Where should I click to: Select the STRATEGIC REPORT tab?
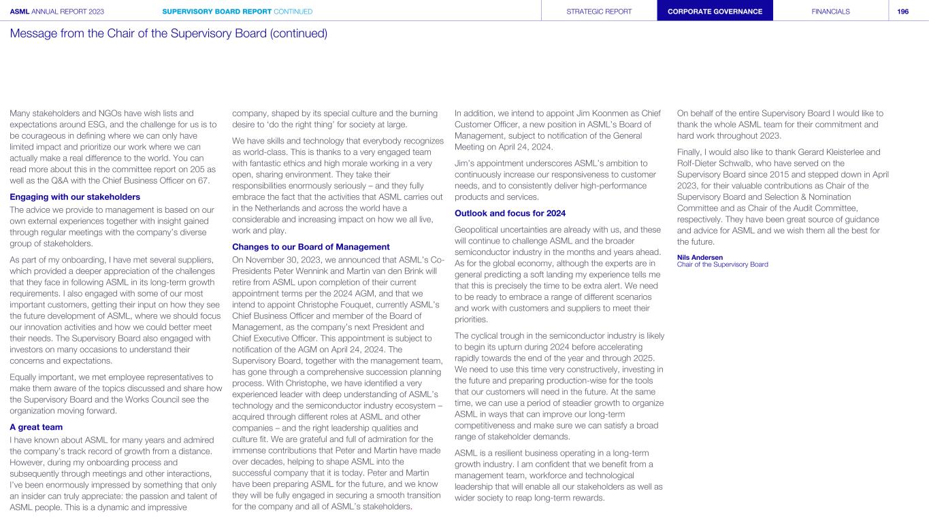tap(599, 12)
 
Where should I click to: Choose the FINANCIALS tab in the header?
tap(830, 12)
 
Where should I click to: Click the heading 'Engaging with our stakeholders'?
tap(75, 197)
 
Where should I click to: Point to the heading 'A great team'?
tap(36, 427)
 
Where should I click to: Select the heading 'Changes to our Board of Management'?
tap(311, 246)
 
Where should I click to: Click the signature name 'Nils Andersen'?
tap(700, 257)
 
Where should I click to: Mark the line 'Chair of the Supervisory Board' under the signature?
tap(722, 265)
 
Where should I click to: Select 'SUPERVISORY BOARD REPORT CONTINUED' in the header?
tap(238, 12)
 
